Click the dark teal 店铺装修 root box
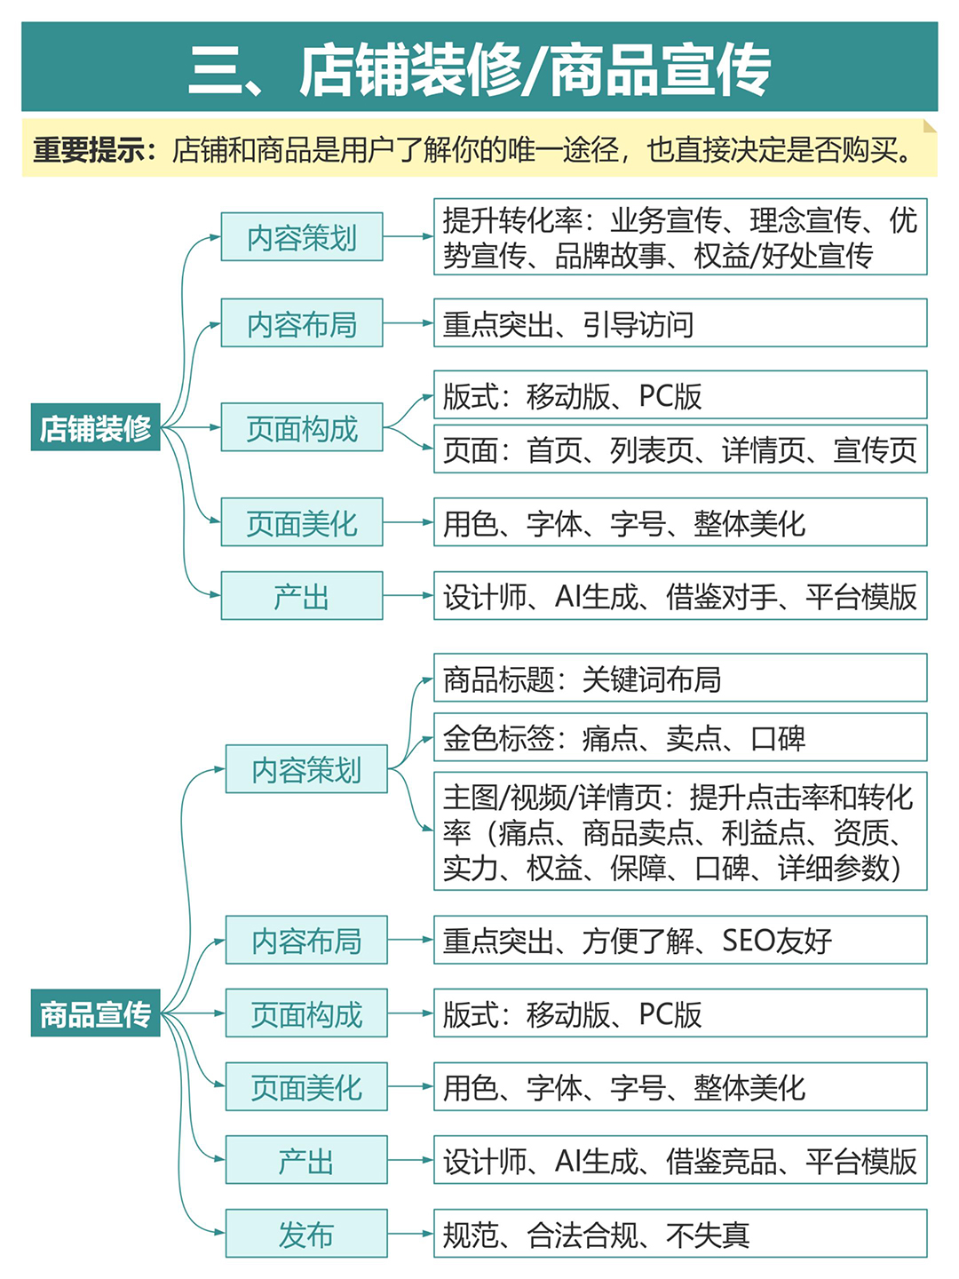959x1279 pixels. [x=96, y=426]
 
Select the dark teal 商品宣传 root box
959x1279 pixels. [x=96, y=1013]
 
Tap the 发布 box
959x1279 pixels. [x=306, y=1233]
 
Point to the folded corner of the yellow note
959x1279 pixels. [x=930, y=126]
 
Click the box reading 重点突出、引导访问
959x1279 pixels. [x=680, y=322]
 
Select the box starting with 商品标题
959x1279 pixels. [x=680, y=677]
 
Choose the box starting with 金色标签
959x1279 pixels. [x=680, y=736]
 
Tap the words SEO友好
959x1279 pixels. [x=777, y=940]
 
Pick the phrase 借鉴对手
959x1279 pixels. [x=721, y=595]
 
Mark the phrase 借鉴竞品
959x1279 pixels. [x=721, y=1160]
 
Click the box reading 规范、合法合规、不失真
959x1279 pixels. [x=680, y=1233]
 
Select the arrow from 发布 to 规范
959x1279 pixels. [x=410, y=1233]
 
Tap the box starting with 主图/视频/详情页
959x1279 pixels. [x=680, y=831]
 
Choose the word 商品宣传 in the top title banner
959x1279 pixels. [x=661, y=68]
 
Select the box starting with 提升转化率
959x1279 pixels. [x=680, y=236]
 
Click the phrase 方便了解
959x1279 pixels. [x=638, y=940]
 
